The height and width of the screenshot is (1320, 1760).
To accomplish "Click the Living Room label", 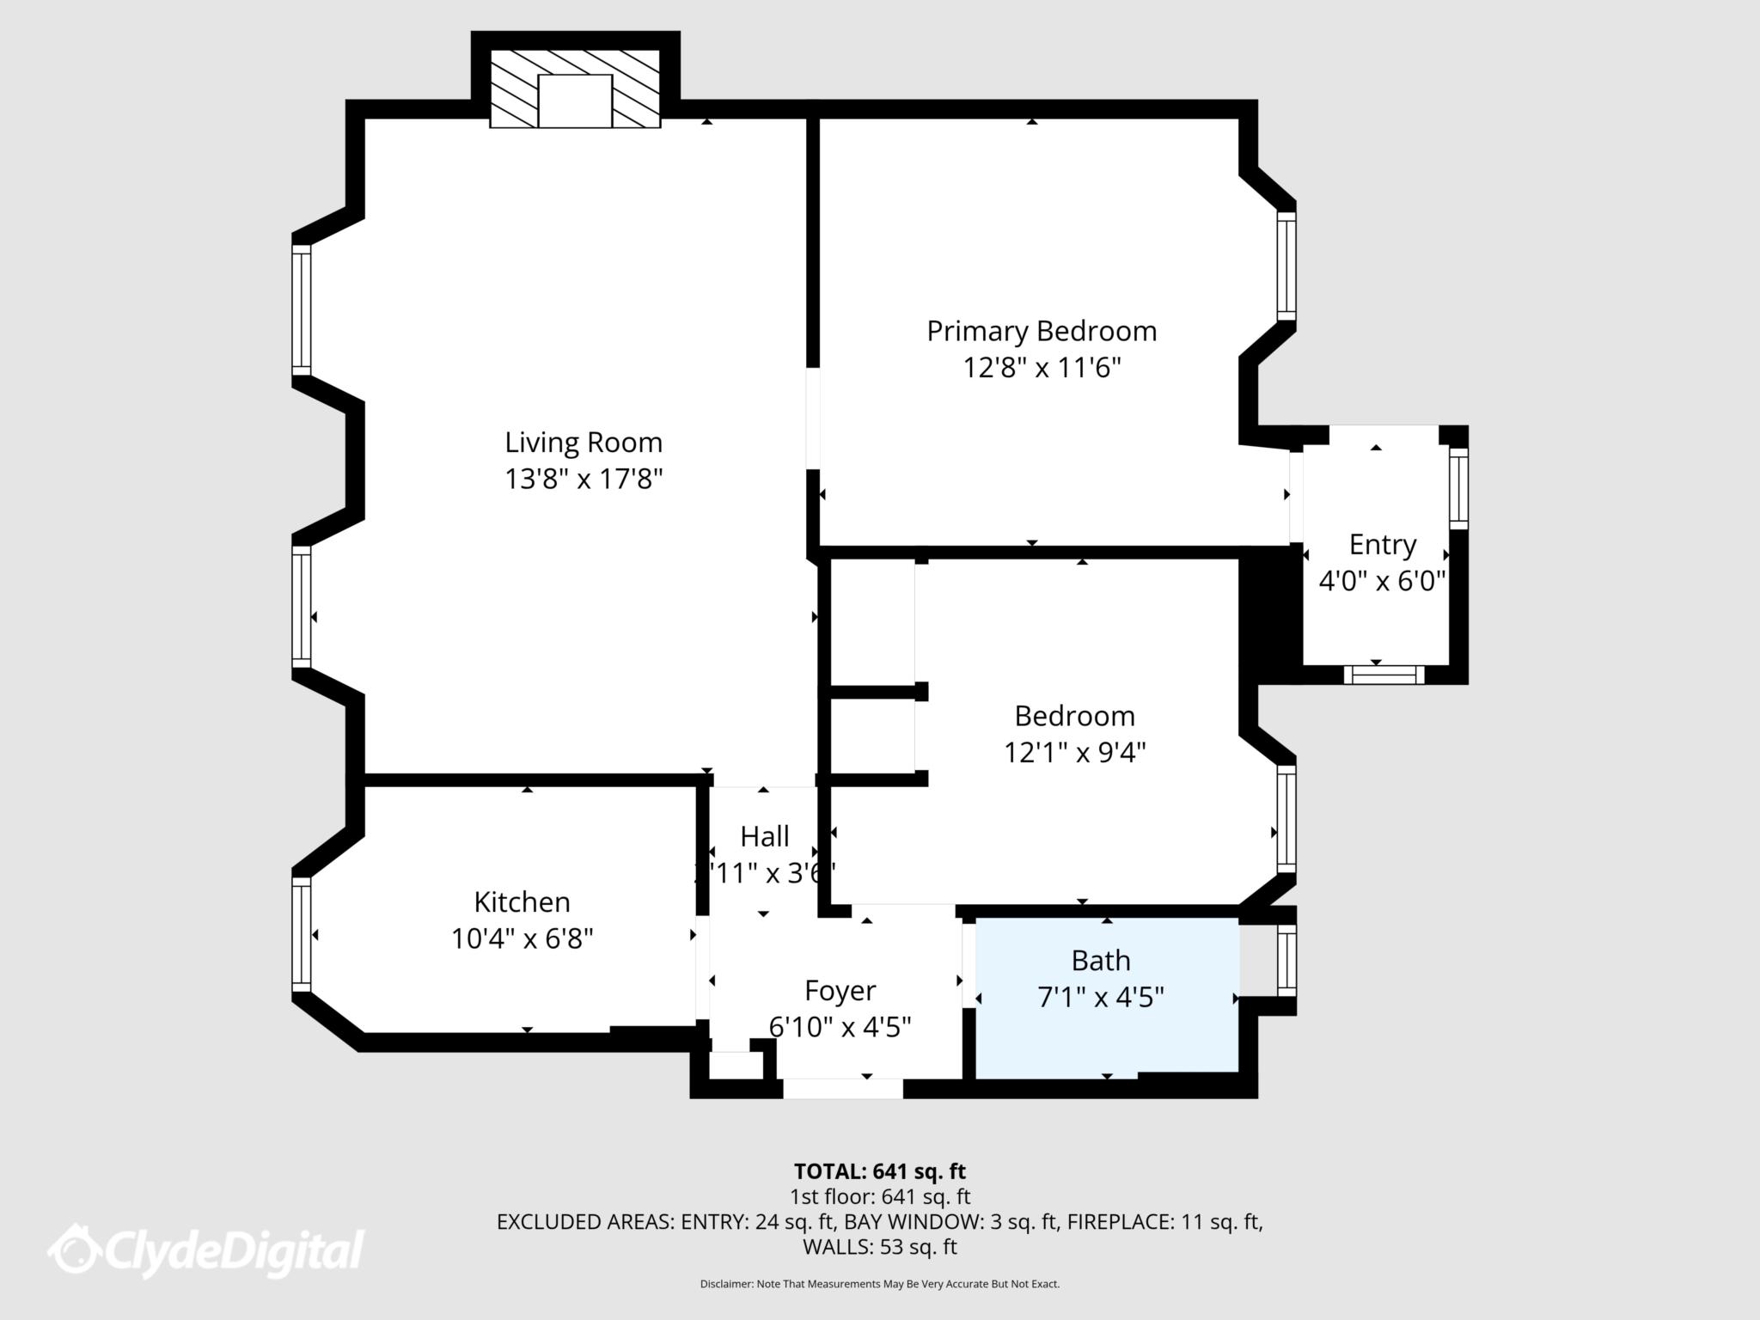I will tap(584, 443).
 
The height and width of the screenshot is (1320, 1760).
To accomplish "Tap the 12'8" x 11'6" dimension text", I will tap(1042, 369).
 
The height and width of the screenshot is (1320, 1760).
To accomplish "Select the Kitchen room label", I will tap(522, 901).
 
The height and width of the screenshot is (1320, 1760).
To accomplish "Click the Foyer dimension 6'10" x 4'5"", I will tap(840, 1027).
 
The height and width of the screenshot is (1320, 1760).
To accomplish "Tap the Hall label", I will tap(764, 836).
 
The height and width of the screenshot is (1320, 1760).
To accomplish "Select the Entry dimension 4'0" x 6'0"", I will tap(1382, 582).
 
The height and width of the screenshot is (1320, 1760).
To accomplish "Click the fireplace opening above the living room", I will tap(575, 101).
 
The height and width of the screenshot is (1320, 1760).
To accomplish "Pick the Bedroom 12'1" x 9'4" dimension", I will tap(1074, 753).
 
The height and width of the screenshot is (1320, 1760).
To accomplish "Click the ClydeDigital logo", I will tap(206, 1250).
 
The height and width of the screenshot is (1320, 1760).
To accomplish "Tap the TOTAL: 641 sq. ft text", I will tap(879, 1171).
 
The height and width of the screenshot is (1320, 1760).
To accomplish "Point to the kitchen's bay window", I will tap(301, 934).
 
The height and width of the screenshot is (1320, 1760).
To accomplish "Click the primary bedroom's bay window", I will tap(1286, 266).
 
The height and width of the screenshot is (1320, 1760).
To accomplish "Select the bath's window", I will tap(1286, 959).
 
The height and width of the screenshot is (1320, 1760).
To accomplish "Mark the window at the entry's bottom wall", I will tap(1383, 675).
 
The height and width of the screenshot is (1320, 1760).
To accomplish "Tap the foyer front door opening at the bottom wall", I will tap(842, 1089).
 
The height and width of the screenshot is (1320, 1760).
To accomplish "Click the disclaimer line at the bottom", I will tap(879, 1284).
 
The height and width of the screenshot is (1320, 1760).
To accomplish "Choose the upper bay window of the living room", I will tap(301, 310).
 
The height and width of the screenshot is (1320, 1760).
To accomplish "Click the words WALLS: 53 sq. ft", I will tap(879, 1246).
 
